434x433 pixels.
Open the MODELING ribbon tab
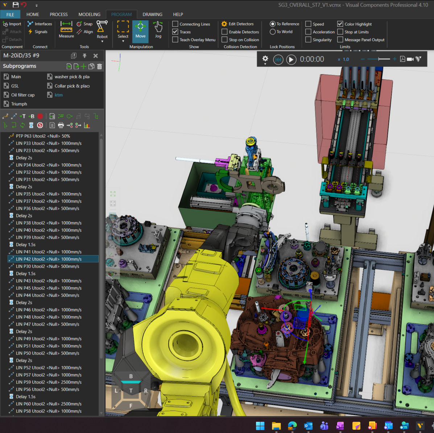click(89, 14)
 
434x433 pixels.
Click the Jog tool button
click(158, 30)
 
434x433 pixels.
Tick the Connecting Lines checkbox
click(175, 24)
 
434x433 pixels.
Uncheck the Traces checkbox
click(175, 32)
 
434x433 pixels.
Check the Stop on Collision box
click(224, 40)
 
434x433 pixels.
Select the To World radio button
click(273, 32)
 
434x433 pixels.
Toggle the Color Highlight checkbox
click(340, 24)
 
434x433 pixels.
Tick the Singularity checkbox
click(308, 40)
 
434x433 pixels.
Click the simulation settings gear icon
click(265, 59)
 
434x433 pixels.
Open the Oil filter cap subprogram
click(22, 95)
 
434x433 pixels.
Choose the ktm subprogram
click(58, 95)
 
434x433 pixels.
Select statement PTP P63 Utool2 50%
click(43, 136)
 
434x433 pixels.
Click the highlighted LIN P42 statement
click(49, 259)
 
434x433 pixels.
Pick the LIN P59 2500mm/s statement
click(49, 382)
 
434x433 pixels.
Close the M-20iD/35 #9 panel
click(96, 56)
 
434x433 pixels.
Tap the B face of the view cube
click(131, 377)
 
